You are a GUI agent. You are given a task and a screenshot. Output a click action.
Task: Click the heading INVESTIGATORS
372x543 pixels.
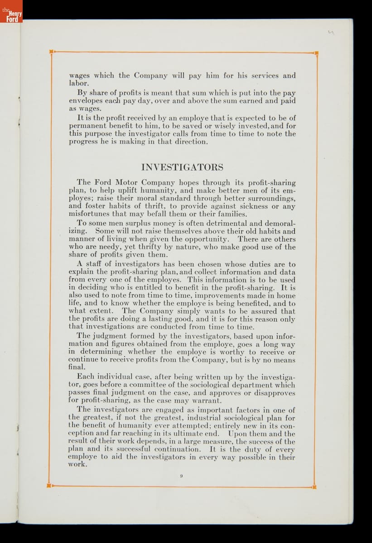click(x=182, y=167)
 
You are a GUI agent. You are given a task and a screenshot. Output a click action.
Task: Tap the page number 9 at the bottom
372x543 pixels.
click(x=181, y=475)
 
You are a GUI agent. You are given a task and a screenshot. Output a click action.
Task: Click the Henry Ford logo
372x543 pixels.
click(x=11, y=12)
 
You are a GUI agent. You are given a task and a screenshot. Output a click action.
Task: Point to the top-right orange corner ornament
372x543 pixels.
click(x=316, y=53)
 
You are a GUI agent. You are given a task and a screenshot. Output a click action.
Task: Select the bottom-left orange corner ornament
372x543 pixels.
click(x=49, y=486)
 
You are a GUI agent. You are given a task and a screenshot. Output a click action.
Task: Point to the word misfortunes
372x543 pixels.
click(x=89, y=214)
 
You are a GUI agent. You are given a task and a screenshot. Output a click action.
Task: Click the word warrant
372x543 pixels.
click(x=208, y=400)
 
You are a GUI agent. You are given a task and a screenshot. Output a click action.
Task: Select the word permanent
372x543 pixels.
click(x=87, y=126)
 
